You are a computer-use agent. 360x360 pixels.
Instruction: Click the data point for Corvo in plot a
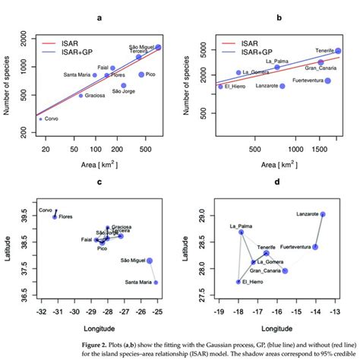coord(41,119)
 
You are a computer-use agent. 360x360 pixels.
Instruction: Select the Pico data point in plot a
coord(142,74)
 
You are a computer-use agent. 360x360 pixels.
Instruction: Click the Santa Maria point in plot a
coord(95,75)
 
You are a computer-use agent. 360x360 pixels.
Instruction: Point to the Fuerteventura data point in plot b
coord(327,81)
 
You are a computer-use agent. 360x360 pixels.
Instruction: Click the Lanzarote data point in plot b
coord(283,86)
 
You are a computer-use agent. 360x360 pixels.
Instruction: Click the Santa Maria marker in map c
coord(156,283)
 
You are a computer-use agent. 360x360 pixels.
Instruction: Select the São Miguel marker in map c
coord(150,261)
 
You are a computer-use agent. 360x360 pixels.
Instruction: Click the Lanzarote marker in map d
coord(322,215)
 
